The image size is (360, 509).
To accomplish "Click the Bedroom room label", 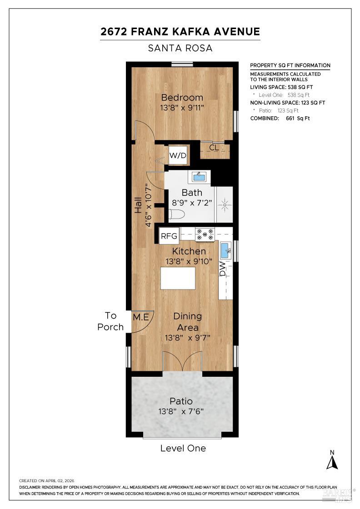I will pyautogui.click(x=182, y=97).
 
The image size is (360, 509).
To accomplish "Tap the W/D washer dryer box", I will pyautogui.click(x=178, y=156).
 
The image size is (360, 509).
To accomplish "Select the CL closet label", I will pyautogui.click(x=214, y=148).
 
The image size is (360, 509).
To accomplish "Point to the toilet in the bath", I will pyautogui.click(x=176, y=215).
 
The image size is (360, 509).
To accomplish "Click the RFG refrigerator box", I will pyautogui.click(x=169, y=236).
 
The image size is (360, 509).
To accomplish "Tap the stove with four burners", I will pyautogui.click(x=205, y=235).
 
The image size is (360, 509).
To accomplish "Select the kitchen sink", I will pyautogui.click(x=225, y=250).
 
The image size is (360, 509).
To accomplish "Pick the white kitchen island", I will pyautogui.click(x=178, y=278).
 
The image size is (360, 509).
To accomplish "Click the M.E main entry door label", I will pyautogui.click(x=140, y=317).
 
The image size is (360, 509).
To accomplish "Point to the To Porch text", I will pyautogui.click(x=110, y=321).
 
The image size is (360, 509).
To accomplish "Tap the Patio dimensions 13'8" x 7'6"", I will pyautogui.click(x=181, y=412).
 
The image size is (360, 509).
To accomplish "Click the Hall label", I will pyautogui.click(x=138, y=205).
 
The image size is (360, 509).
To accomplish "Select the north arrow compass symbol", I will pyautogui.click(x=332, y=460).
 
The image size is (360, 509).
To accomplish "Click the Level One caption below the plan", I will pyautogui.click(x=183, y=449).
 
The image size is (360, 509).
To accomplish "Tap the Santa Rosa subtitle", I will pyautogui.click(x=180, y=48).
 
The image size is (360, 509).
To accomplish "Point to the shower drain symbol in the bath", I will pyautogui.click(x=224, y=205).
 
